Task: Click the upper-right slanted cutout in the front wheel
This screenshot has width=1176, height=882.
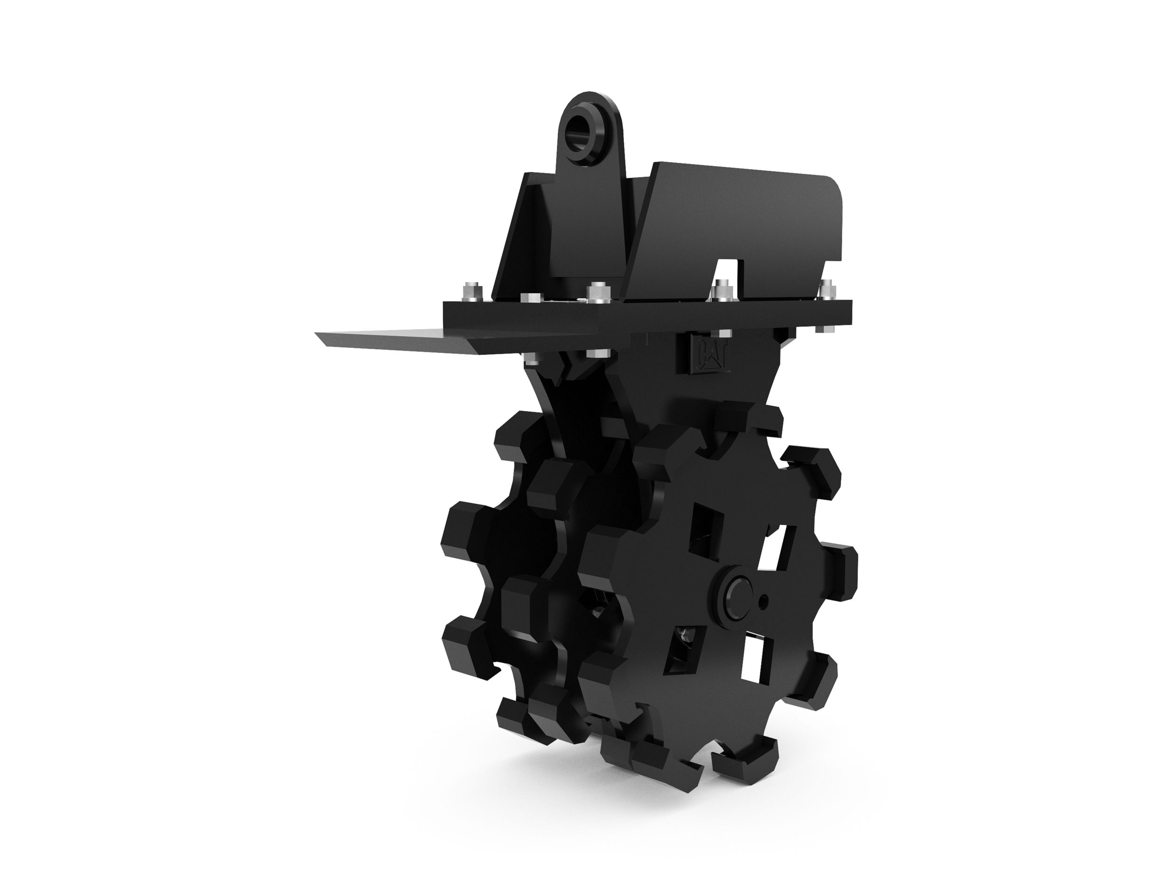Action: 780,546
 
